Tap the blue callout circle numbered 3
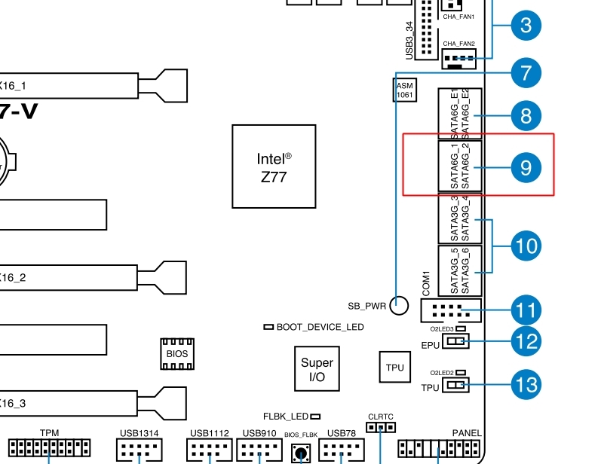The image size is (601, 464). [x=526, y=25]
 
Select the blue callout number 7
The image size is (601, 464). [x=526, y=72]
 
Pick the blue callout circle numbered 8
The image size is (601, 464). [x=526, y=116]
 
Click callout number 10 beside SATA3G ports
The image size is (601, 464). [x=526, y=245]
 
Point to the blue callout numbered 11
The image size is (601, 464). [x=526, y=310]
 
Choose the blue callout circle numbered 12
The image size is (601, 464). [x=526, y=341]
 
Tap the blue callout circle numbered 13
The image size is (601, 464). [x=526, y=385]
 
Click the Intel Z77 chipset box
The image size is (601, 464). [x=274, y=166]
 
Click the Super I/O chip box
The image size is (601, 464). [x=317, y=369]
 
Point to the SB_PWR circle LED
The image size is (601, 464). [x=399, y=306]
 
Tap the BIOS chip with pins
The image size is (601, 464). [x=177, y=353]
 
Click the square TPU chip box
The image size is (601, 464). [x=394, y=368]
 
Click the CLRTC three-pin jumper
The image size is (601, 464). [x=381, y=428]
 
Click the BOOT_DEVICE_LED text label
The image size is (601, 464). [x=320, y=327]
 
